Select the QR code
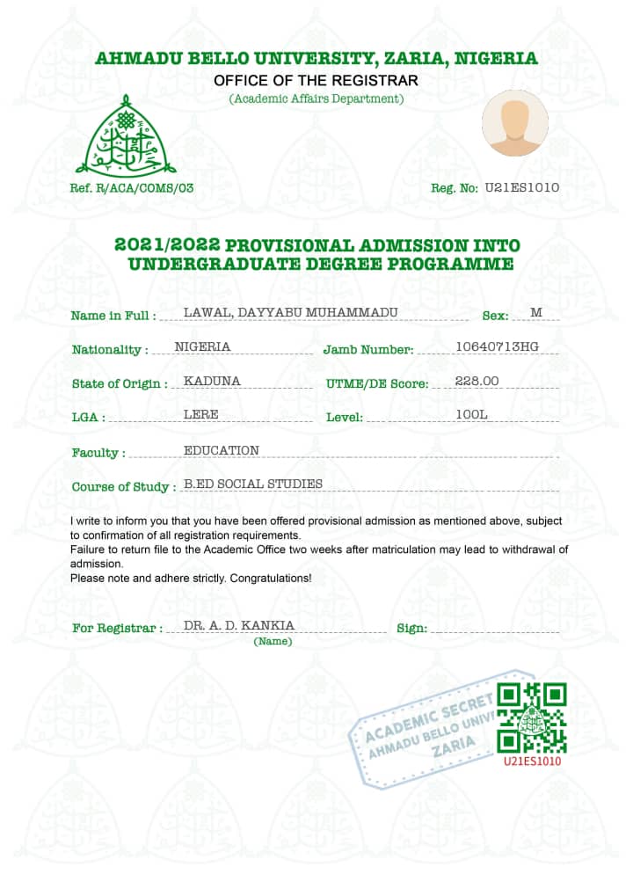point(532,717)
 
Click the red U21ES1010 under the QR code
point(533,761)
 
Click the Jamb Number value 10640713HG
point(497,346)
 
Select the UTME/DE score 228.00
point(477,381)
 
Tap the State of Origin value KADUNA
point(212,381)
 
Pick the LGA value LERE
point(201,414)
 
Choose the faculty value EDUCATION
point(222,450)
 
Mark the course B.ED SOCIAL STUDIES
point(253,484)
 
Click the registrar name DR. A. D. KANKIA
point(239,625)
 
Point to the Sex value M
point(536,312)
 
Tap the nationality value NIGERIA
point(203,346)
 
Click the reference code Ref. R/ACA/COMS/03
point(132,188)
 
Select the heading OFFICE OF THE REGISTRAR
point(316,81)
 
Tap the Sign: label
point(412,629)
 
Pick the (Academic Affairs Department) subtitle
point(316,98)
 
